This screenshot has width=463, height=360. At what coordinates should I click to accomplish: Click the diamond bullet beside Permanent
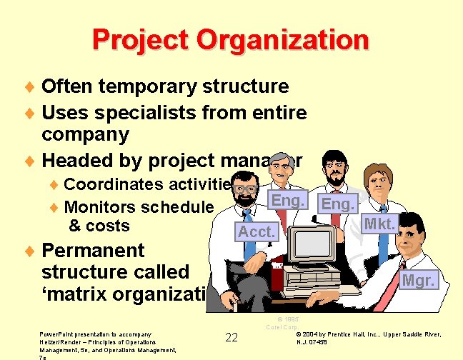pyautogui.click(x=30, y=251)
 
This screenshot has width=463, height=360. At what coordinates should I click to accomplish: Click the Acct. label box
pyautogui.click(x=256, y=231)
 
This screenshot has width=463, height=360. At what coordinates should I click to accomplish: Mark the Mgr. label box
pyautogui.click(x=418, y=281)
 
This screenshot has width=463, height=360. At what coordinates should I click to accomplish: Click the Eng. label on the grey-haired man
pyautogui.click(x=288, y=201)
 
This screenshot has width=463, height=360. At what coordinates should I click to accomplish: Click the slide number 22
pyautogui.click(x=231, y=337)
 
